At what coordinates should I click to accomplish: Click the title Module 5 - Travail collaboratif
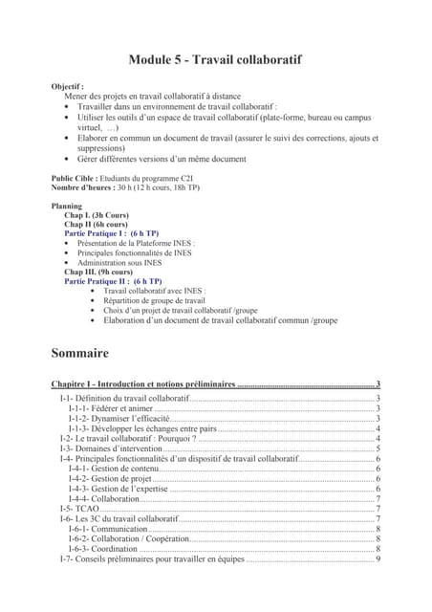215,59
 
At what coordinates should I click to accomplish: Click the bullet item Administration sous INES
119,262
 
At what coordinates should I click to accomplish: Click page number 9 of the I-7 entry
378,559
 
